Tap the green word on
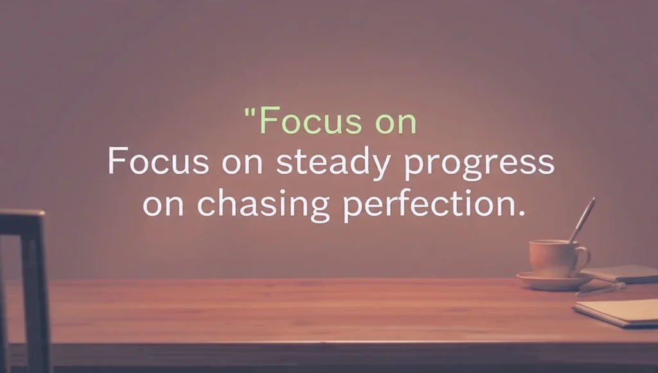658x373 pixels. pyautogui.click(x=395, y=122)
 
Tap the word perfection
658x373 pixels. pyautogui.click(x=424, y=206)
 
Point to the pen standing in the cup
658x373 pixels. pyautogui.click(x=582, y=219)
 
